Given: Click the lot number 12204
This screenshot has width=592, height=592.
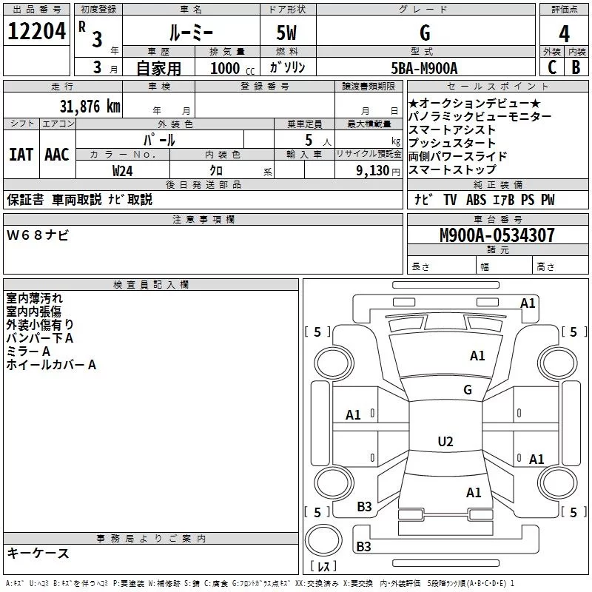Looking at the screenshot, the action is click(x=36, y=31).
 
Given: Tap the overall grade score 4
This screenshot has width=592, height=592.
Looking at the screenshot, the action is click(x=564, y=34).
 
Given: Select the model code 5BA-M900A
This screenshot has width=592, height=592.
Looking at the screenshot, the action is click(x=424, y=68).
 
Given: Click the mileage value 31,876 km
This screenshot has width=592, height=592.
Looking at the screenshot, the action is click(x=90, y=107).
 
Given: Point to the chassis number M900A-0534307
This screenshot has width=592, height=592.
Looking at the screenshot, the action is click(x=497, y=235).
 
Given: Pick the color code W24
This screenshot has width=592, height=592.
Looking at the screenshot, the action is click(x=122, y=171).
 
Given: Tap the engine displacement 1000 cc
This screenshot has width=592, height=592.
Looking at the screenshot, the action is click(x=232, y=68).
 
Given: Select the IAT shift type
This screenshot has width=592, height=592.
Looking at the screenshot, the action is click(x=21, y=155).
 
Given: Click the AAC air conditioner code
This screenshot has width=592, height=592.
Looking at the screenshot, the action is click(x=57, y=155).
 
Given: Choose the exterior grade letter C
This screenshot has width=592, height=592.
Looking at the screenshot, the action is click(x=552, y=67).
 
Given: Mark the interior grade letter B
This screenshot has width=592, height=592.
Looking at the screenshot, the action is click(x=576, y=67).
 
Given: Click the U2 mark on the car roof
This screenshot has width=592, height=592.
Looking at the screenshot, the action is click(x=445, y=441).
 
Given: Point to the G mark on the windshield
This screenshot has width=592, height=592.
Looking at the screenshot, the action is click(x=468, y=389).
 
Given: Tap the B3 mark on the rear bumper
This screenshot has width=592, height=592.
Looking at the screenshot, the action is click(x=363, y=546).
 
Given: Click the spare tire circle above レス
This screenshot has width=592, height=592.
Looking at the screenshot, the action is click(x=323, y=540).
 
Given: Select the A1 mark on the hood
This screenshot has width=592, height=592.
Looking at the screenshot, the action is click(x=477, y=355).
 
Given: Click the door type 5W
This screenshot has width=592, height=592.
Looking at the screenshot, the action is click(x=286, y=33).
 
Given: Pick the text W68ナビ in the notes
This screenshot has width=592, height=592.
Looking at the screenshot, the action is click(x=38, y=235).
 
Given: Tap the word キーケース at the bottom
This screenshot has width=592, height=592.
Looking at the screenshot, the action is click(x=38, y=553).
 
